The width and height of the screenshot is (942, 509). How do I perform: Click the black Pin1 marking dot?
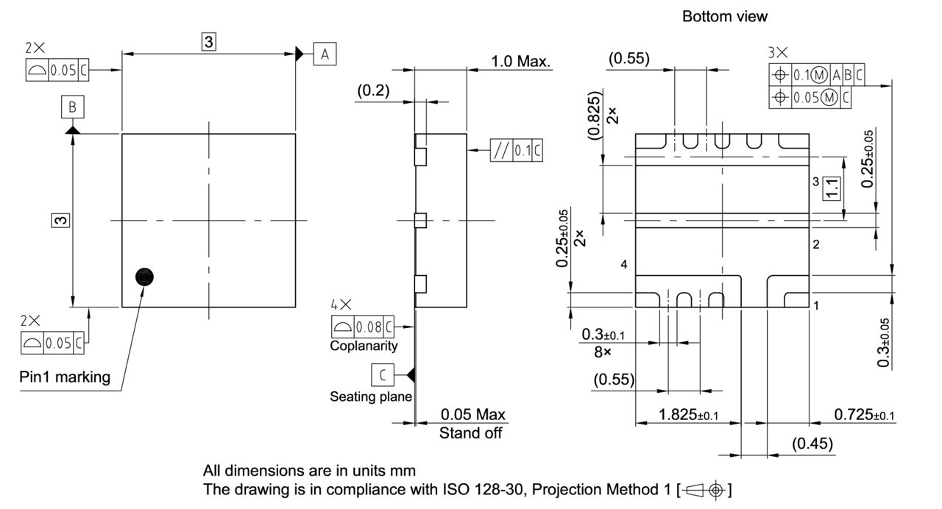145,277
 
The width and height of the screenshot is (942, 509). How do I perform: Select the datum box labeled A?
325,54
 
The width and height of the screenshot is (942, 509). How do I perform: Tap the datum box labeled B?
72,108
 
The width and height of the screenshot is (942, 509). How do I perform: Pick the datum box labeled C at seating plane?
382,374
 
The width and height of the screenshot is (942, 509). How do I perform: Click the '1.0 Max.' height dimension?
521,61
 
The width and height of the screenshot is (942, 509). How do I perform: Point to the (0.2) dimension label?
374,90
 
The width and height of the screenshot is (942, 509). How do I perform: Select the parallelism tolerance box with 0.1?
516,150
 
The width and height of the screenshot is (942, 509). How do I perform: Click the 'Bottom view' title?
724,16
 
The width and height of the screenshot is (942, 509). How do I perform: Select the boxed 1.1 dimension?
832,188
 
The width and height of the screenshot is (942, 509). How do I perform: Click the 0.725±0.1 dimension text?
864,415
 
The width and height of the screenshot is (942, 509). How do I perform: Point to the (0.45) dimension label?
812,444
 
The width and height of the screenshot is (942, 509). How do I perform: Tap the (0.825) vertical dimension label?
595,115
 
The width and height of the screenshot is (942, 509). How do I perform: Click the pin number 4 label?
623,265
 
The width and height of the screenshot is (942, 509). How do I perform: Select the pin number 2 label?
816,245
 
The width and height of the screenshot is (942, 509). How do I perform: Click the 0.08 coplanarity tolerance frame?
362,326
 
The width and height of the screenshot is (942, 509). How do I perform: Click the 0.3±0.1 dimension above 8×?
603,335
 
